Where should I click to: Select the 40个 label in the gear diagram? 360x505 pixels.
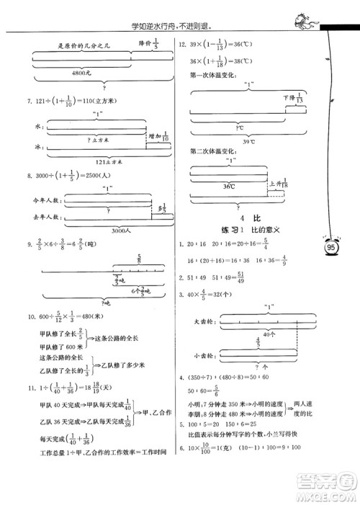click(249, 334)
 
